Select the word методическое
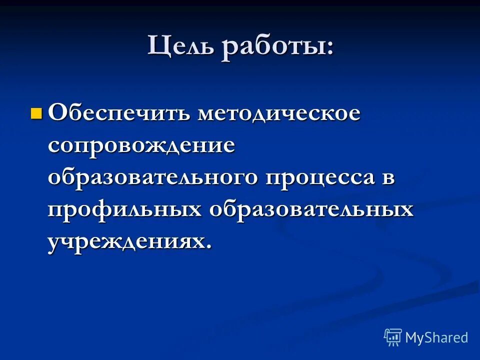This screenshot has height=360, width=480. [x=278, y=113]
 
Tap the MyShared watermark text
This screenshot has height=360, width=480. [x=436, y=337]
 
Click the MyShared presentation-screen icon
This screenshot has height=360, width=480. [x=393, y=337]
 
